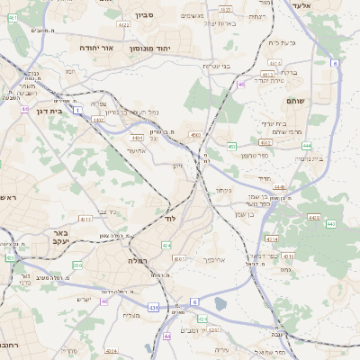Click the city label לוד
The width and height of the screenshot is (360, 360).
(x=169, y=219)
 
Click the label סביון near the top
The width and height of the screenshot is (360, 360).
(x=144, y=15)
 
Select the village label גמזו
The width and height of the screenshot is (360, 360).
(x=285, y=269)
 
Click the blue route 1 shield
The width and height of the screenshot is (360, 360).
(x=79, y=110)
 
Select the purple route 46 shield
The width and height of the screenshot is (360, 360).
(x=241, y=84)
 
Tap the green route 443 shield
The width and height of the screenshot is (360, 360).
(x=329, y=223)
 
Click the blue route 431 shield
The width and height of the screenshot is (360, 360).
(x=153, y=308)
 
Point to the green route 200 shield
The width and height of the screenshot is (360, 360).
(x=77, y=265)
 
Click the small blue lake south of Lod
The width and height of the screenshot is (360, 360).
(x=222, y=305)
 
